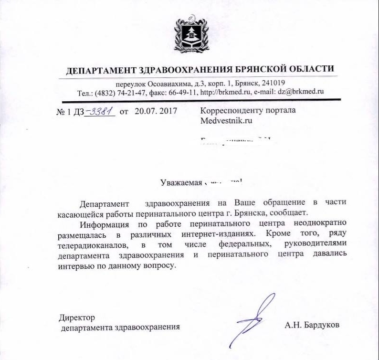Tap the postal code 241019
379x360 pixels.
[x=273, y=83]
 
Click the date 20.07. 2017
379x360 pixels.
[x=156, y=112]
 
